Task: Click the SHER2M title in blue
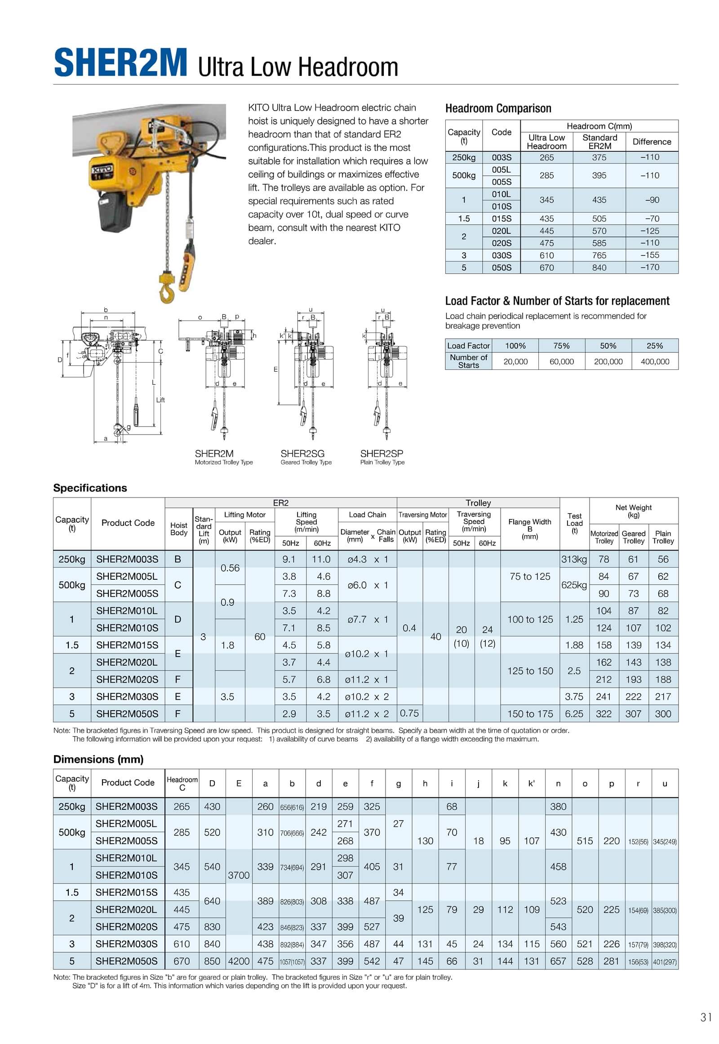(x=120, y=63)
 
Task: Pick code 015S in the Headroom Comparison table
(x=501, y=218)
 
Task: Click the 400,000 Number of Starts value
(x=655, y=361)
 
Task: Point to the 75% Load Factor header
(x=561, y=346)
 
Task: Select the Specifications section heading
(x=90, y=488)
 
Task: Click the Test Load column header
(x=574, y=523)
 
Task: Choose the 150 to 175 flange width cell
(x=530, y=714)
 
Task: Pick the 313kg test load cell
(x=574, y=559)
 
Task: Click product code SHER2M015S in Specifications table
(x=127, y=645)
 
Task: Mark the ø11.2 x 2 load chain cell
(x=367, y=714)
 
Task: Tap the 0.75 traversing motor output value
(x=409, y=713)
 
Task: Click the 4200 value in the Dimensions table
(x=239, y=961)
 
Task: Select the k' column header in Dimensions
(x=532, y=784)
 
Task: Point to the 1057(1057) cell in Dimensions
(x=292, y=962)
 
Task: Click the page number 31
(x=706, y=1017)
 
